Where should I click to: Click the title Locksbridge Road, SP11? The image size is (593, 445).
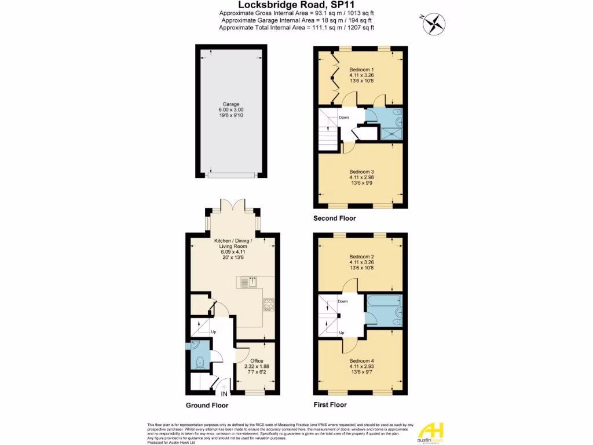[296, 5]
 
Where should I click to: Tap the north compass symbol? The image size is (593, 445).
[433, 24]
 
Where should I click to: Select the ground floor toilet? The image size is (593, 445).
[199, 362]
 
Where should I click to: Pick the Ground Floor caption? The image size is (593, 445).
[207, 406]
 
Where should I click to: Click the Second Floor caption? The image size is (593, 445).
[334, 218]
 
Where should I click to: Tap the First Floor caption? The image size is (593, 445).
[330, 404]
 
